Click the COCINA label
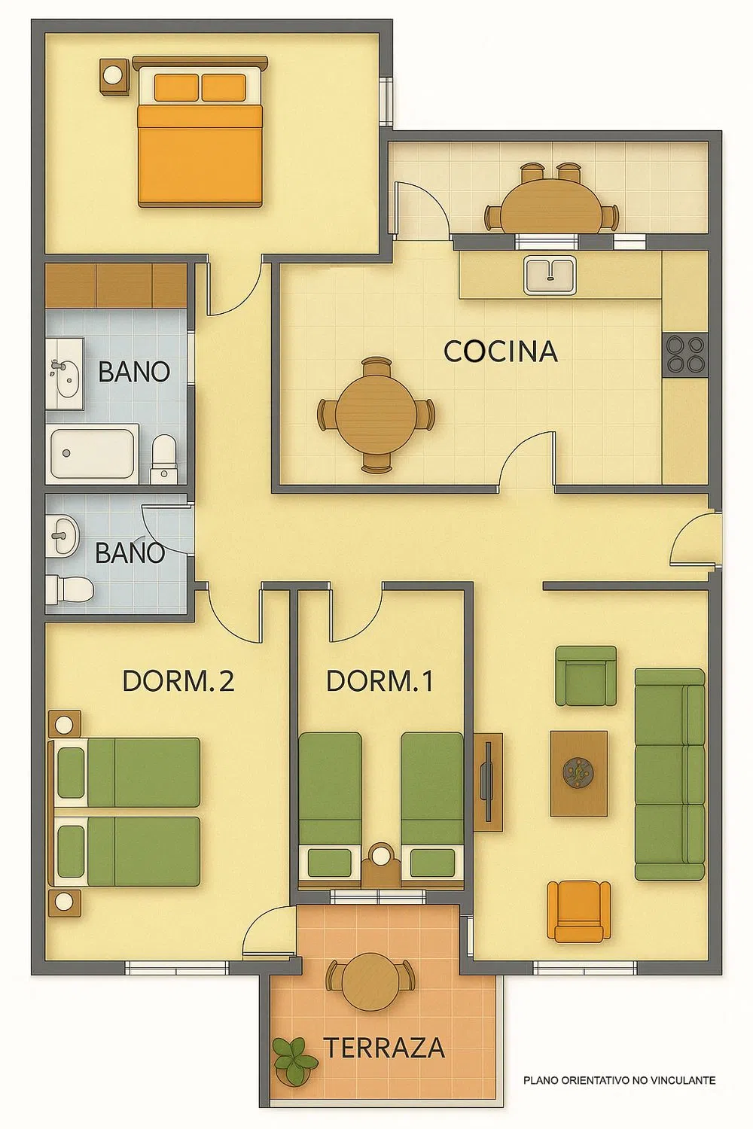coord(500,351)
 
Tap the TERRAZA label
coord(384,1048)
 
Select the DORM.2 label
coord(178,681)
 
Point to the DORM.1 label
coord(380,681)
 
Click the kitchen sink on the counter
coord(550,275)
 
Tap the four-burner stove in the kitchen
coord(685,355)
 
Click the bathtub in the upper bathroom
coord(93,453)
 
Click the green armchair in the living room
coord(586,676)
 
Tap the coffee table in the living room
coord(578,773)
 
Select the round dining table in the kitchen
coord(376,414)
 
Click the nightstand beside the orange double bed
coord(114,76)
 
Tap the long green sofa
coord(669,774)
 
